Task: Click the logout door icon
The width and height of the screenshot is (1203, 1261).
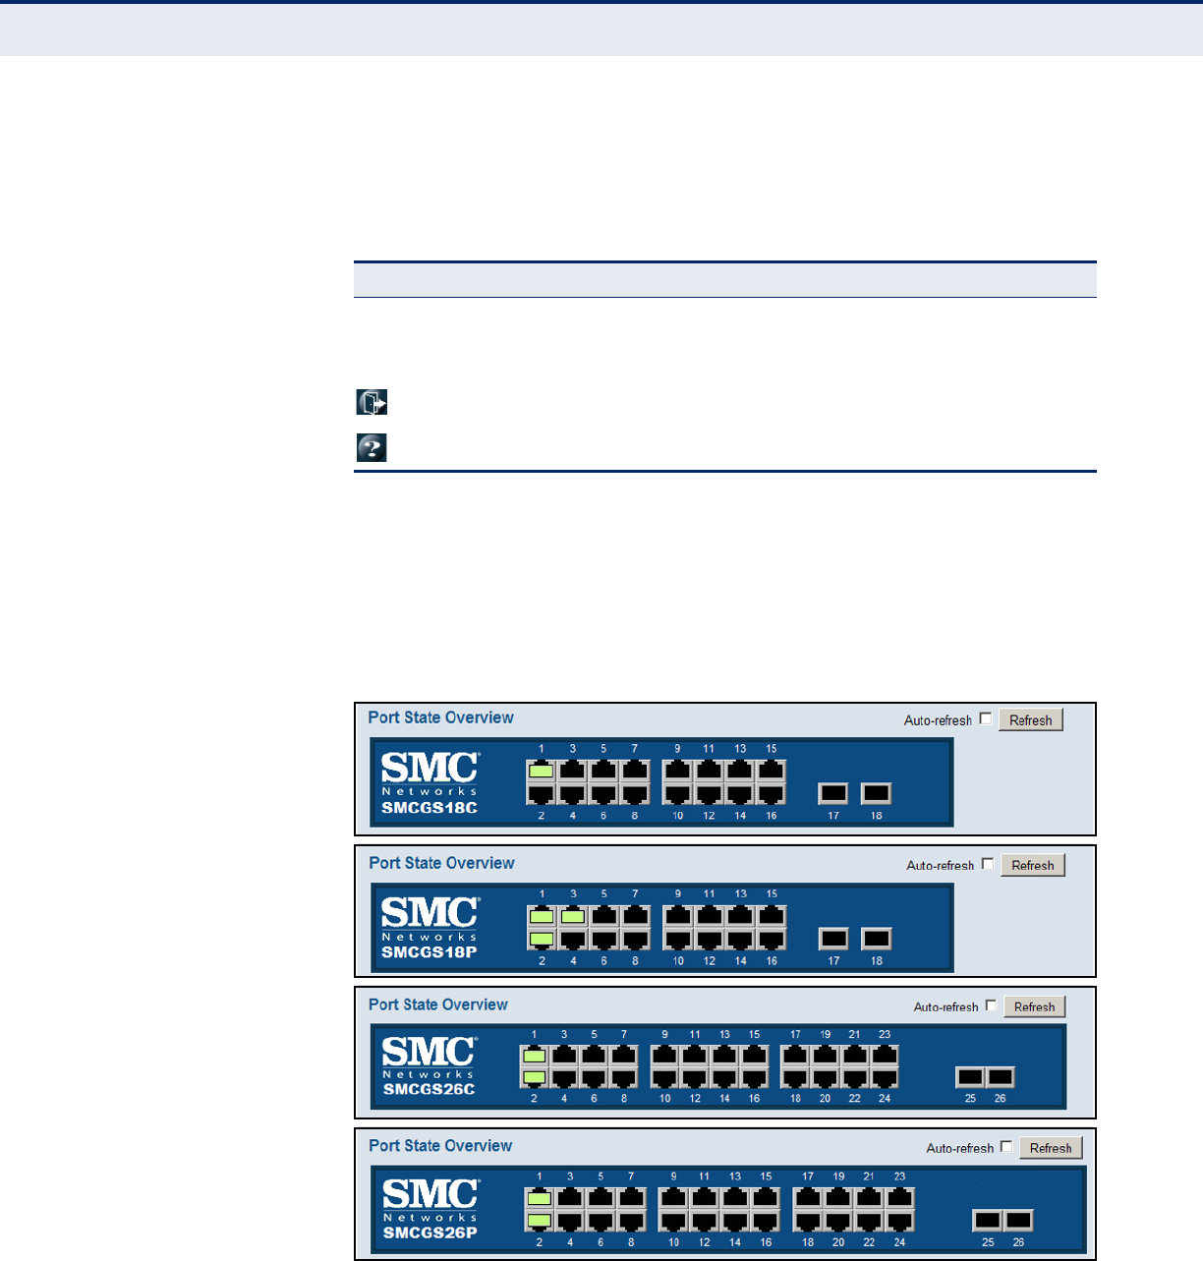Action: (372, 402)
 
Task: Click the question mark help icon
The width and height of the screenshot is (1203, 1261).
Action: (372, 448)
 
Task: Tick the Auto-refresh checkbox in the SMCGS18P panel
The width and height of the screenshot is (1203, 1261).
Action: (988, 864)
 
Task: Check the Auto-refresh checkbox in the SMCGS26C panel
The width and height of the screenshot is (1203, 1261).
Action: (991, 1005)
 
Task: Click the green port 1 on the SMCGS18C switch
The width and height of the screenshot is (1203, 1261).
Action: (541, 771)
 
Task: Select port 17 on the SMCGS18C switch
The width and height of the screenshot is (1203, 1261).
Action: (833, 793)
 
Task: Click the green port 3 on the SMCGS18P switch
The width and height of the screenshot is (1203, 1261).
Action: (573, 917)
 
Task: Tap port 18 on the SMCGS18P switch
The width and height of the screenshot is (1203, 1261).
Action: (876, 939)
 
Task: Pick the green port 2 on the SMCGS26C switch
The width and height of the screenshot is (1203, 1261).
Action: (534, 1077)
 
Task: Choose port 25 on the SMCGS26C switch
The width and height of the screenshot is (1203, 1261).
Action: (970, 1077)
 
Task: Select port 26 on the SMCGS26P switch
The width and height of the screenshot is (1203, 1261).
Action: (1018, 1221)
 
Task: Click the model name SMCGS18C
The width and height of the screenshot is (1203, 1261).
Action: (430, 808)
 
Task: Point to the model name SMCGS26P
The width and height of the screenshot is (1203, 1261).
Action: (430, 1232)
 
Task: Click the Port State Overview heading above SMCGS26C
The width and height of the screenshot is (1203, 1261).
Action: (438, 1004)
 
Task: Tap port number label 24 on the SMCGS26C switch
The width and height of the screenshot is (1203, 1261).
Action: (885, 1099)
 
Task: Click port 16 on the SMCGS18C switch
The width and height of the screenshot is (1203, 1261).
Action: (772, 793)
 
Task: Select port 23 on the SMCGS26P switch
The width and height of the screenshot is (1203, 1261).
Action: (899, 1199)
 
